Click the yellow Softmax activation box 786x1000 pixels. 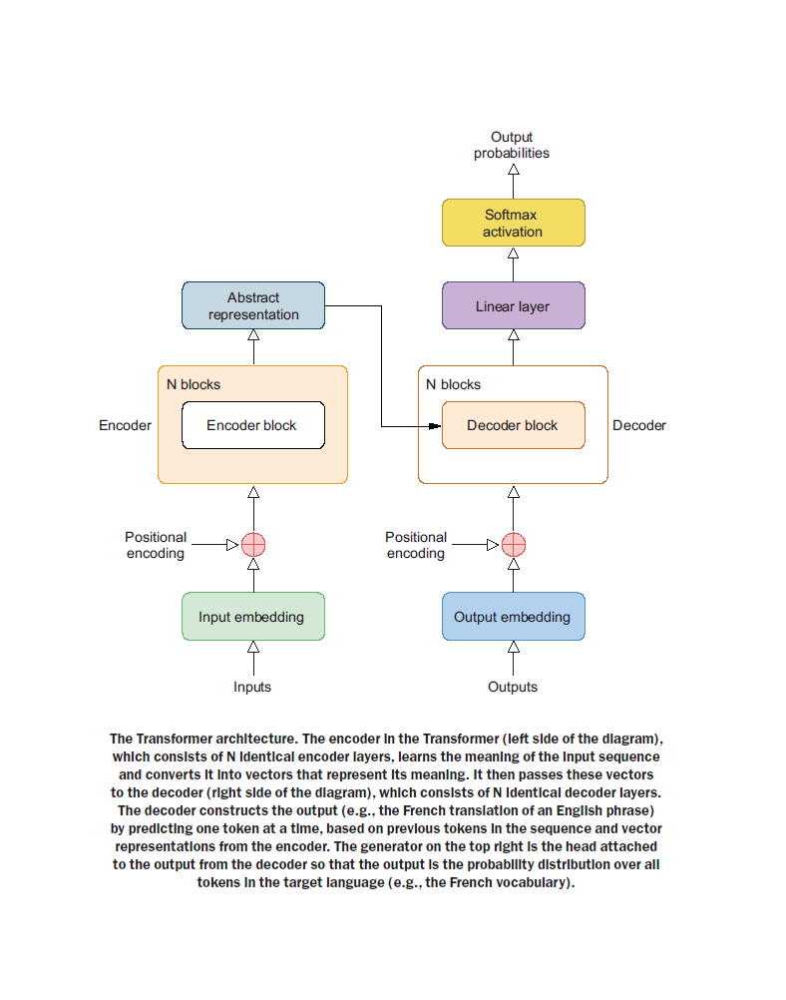(513, 223)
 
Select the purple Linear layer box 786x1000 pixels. (513, 305)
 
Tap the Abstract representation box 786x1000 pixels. (253, 305)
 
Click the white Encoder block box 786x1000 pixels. (253, 425)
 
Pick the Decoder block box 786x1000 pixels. (513, 425)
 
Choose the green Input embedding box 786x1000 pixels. (253, 616)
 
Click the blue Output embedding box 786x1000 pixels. (513, 616)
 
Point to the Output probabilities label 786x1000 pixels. (512, 145)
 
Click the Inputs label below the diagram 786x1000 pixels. (252, 687)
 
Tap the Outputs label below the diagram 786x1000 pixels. (513, 687)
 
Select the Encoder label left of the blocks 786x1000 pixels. (125, 425)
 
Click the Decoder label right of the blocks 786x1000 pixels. (639, 425)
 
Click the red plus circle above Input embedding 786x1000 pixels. (253, 545)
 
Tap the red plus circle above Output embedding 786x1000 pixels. (513, 545)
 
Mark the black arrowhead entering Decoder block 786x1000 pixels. (435, 426)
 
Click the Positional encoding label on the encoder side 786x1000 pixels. (156, 545)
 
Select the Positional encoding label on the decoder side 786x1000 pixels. (416, 545)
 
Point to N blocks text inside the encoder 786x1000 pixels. (194, 384)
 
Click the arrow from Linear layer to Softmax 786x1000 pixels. (513, 264)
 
